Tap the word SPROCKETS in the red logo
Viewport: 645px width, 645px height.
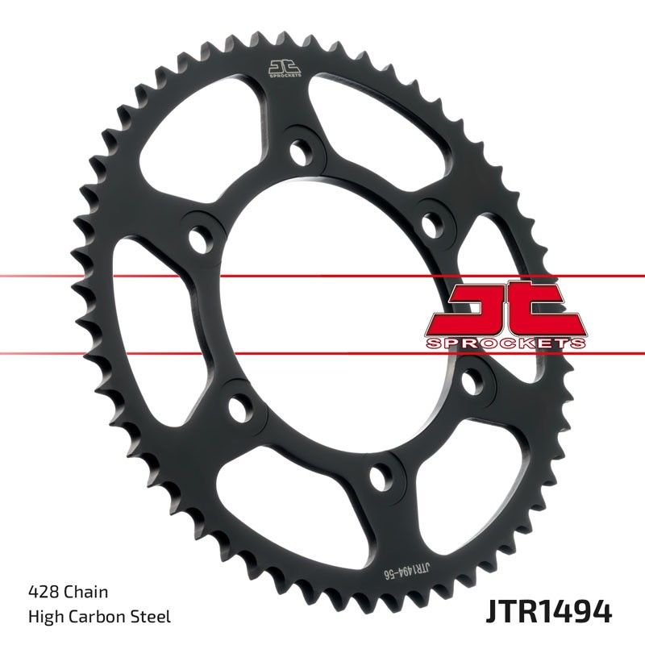pyautogui.click(x=505, y=343)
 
